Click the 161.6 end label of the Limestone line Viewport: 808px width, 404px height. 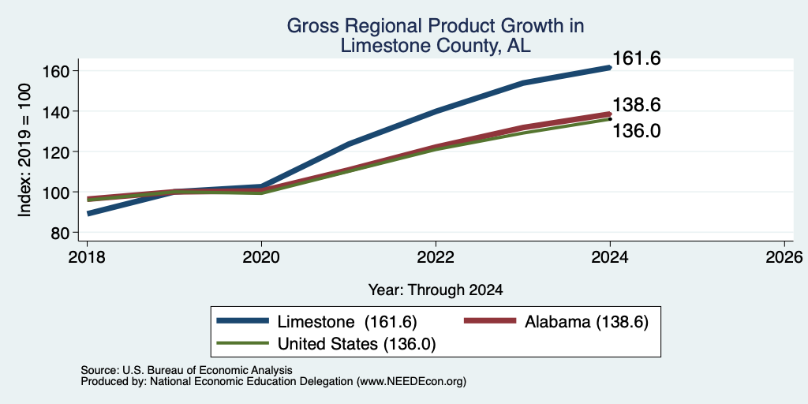(x=637, y=58)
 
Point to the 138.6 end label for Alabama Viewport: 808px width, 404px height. (x=637, y=105)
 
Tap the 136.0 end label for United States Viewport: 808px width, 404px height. (x=637, y=131)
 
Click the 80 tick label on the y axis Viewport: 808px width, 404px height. (x=61, y=233)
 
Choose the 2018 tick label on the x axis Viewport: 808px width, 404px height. (x=87, y=256)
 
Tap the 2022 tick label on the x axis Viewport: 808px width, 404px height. (x=436, y=256)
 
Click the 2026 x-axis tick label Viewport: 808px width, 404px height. (x=784, y=256)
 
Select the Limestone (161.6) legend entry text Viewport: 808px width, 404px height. (x=347, y=322)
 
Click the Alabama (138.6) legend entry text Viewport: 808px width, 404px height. (x=586, y=322)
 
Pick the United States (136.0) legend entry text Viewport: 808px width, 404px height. (x=357, y=344)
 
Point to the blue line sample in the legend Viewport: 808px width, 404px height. (x=243, y=321)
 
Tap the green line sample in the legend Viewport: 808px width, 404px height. (x=243, y=342)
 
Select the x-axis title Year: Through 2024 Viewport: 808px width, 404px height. (x=436, y=290)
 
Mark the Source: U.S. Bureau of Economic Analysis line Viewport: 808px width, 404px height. (x=186, y=370)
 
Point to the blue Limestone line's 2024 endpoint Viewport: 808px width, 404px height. (x=610, y=68)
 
